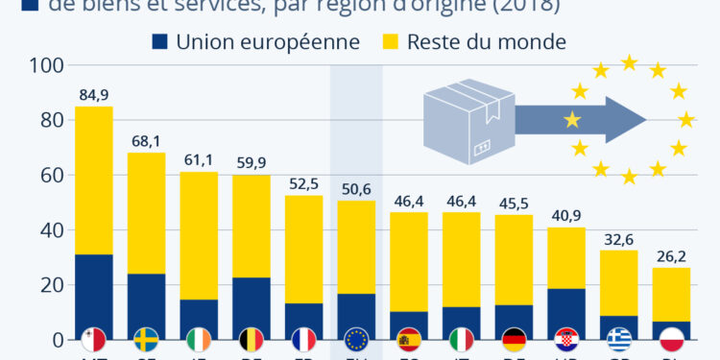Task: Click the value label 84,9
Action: (93, 95)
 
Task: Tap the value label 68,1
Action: (146, 141)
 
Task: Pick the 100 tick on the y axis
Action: (48, 66)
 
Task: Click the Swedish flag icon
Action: (147, 339)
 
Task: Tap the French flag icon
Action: (303, 339)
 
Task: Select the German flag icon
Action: (513, 339)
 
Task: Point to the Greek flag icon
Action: (617, 339)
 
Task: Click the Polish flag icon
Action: (670, 339)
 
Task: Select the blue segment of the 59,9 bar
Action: (251, 308)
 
